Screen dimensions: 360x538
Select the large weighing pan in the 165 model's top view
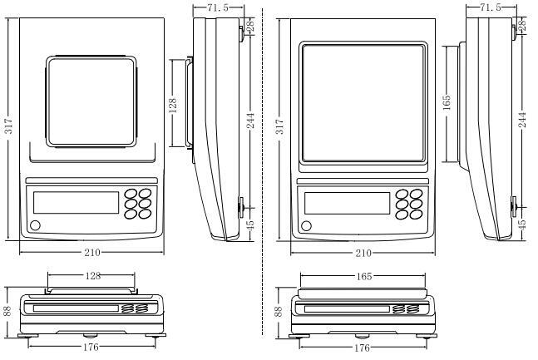(x=363, y=103)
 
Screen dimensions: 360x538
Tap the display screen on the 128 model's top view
(x=76, y=203)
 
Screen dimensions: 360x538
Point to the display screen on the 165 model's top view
(x=347, y=203)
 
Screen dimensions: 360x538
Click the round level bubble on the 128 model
(x=36, y=224)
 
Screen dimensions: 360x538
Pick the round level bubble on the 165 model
(x=306, y=225)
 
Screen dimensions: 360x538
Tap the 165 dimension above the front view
(x=363, y=275)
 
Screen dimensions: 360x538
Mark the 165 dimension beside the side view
(x=447, y=103)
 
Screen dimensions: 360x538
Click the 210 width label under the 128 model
(x=91, y=253)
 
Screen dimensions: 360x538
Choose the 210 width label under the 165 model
(x=363, y=253)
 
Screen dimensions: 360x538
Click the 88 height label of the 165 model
(x=280, y=310)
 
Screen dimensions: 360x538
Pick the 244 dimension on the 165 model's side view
(x=522, y=120)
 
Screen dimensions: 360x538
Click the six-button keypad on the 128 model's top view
(x=139, y=203)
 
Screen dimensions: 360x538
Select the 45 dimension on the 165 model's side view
(x=522, y=224)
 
